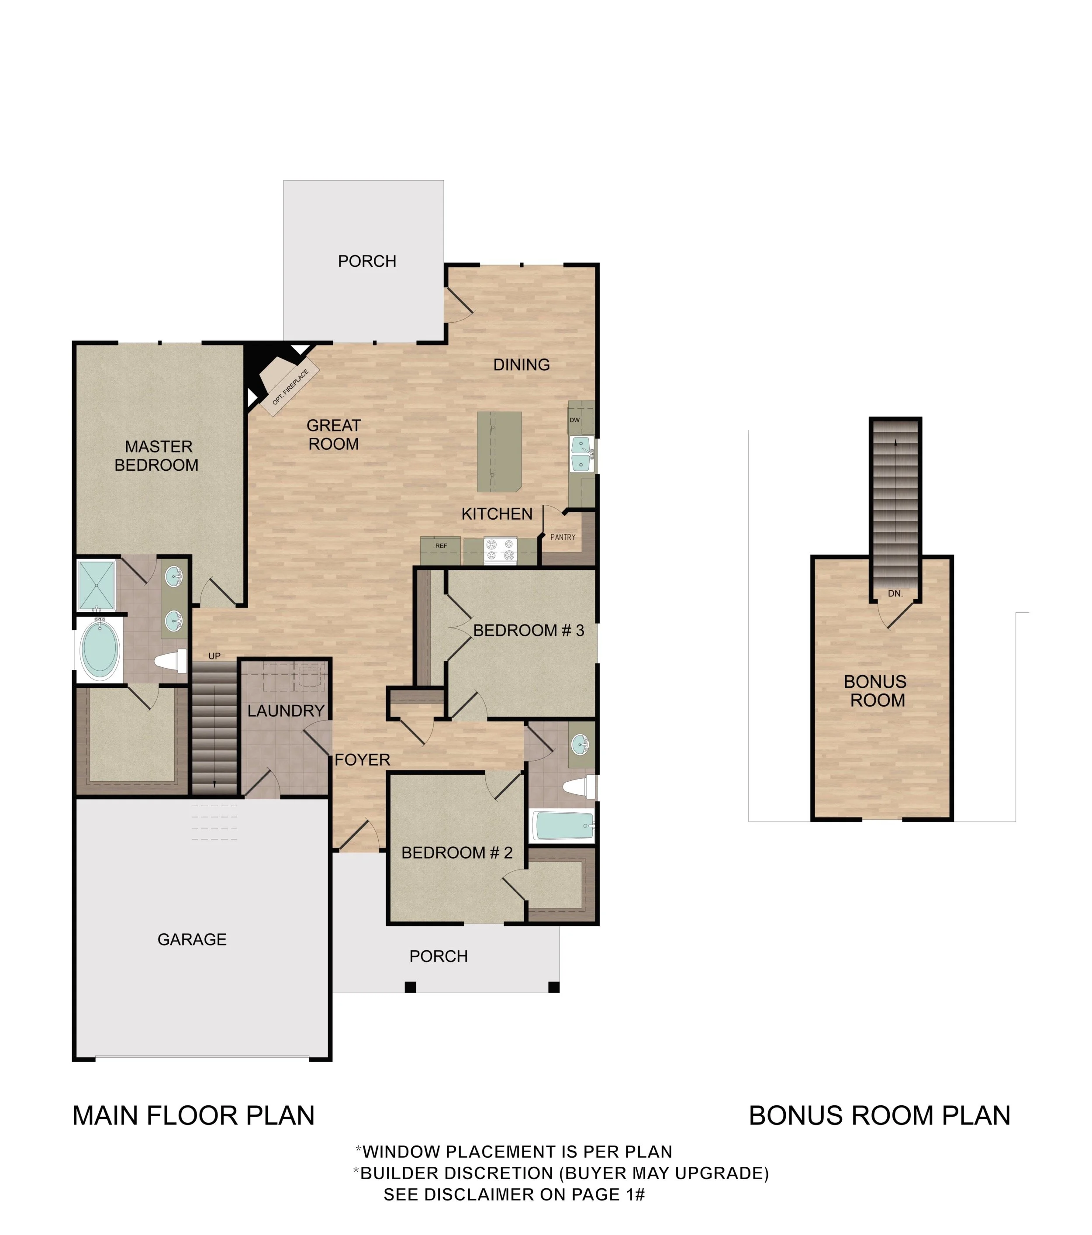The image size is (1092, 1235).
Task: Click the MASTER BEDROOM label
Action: (157, 456)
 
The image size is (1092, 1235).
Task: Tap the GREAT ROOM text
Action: (334, 435)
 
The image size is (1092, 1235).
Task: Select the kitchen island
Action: (499, 452)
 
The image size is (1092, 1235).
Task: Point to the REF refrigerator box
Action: (441, 550)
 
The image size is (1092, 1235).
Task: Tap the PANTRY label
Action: (563, 537)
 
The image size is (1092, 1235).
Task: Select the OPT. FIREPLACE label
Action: (290, 386)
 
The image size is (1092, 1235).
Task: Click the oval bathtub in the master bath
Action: (100, 649)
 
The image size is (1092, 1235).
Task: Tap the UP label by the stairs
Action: (214, 656)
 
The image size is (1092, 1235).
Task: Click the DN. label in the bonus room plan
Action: (895, 594)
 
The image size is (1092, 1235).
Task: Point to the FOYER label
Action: (363, 760)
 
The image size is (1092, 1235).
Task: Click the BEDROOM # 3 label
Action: (529, 631)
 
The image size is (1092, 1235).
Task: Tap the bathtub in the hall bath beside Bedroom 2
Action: (563, 826)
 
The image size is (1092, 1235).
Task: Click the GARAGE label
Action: (192, 939)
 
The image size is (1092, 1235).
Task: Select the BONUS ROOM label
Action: (876, 691)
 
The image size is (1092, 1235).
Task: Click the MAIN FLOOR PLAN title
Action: (194, 1115)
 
